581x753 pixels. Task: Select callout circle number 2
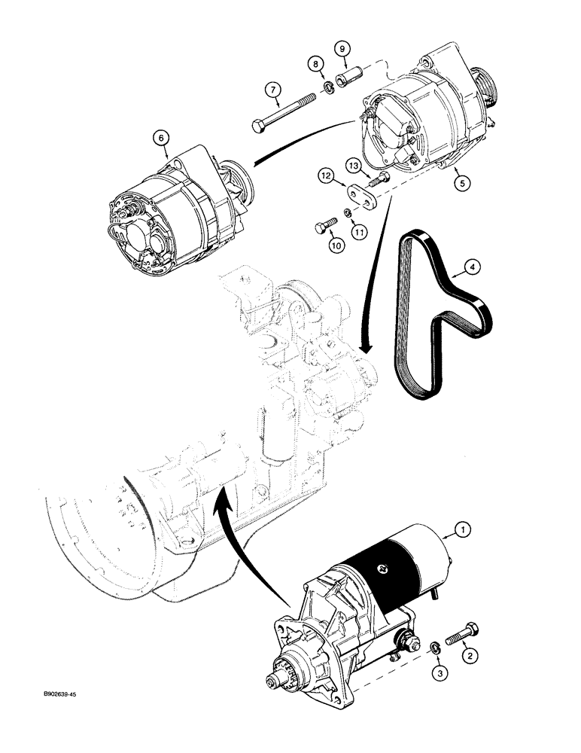(469, 656)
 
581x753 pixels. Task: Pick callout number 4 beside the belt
(472, 266)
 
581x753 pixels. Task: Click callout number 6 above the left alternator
(160, 138)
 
